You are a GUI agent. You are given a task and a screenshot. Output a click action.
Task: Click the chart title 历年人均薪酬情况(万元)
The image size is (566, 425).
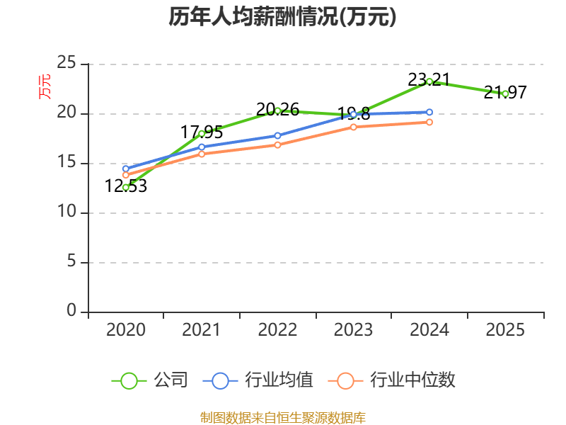click(x=282, y=16)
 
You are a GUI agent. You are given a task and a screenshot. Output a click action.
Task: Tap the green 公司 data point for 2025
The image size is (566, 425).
click(x=505, y=93)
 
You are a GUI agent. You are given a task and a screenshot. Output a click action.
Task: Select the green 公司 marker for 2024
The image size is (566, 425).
click(x=429, y=81)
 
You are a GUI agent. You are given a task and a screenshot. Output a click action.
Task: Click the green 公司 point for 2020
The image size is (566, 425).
click(x=126, y=187)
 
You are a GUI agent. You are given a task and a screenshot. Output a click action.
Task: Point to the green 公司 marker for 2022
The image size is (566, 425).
click(x=277, y=110)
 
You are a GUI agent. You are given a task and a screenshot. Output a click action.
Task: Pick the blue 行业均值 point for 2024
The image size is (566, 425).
click(x=429, y=112)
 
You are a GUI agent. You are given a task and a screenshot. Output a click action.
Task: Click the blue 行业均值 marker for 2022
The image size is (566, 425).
click(x=277, y=135)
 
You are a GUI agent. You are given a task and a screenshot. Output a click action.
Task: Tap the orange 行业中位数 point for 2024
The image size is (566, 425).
click(x=429, y=122)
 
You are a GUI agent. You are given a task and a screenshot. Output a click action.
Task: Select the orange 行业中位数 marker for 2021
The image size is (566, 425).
click(x=202, y=154)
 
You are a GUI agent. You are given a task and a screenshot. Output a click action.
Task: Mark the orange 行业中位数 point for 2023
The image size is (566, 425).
click(x=354, y=127)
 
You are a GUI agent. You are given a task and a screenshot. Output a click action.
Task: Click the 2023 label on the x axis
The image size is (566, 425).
click(x=353, y=330)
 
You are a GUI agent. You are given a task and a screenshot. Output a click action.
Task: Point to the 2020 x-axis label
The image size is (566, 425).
click(x=126, y=330)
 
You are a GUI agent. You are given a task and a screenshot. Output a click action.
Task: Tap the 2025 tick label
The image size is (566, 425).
click(x=505, y=330)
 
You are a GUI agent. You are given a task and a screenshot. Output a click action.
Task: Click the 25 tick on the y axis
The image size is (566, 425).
click(x=67, y=64)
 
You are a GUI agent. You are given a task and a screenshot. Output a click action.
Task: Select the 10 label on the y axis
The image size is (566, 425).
click(x=67, y=212)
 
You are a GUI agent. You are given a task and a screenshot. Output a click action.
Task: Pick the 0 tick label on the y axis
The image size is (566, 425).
click(x=71, y=311)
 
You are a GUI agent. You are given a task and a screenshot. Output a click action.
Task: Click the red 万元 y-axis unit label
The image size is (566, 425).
click(x=44, y=86)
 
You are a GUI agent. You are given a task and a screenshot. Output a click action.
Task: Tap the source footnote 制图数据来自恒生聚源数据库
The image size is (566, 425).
click(x=282, y=417)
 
